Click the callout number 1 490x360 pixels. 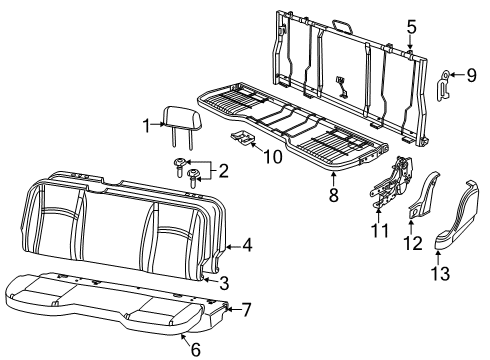[147, 127]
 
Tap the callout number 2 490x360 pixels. [223, 171]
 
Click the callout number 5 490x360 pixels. [410, 27]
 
